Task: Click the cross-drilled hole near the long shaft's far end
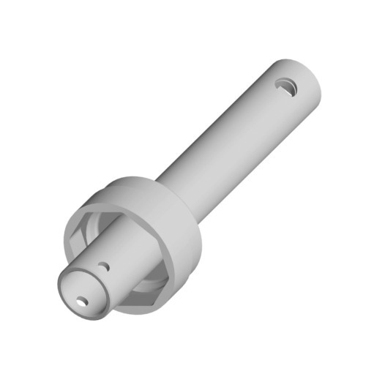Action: coord(285,87)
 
